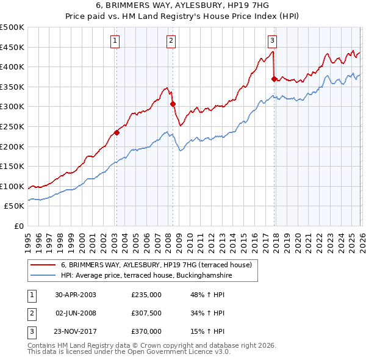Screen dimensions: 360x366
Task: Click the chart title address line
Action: click(x=183, y=6)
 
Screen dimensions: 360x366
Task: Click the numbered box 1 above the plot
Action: click(x=115, y=41)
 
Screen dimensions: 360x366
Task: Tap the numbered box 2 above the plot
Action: click(x=171, y=41)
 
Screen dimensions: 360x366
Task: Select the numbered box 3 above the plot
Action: click(x=272, y=41)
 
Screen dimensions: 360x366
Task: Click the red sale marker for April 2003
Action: click(x=117, y=132)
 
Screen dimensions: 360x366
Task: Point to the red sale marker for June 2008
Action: click(x=172, y=104)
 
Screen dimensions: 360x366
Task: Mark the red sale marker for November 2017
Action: click(x=273, y=79)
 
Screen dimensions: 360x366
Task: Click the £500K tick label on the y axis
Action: click(x=12, y=27)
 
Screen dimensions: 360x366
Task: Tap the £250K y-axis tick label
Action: click(x=12, y=126)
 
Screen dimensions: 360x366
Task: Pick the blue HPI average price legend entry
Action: click(x=146, y=276)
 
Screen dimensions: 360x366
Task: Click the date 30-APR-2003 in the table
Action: click(x=76, y=295)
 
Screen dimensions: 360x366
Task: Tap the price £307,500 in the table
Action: click(x=146, y=313)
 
